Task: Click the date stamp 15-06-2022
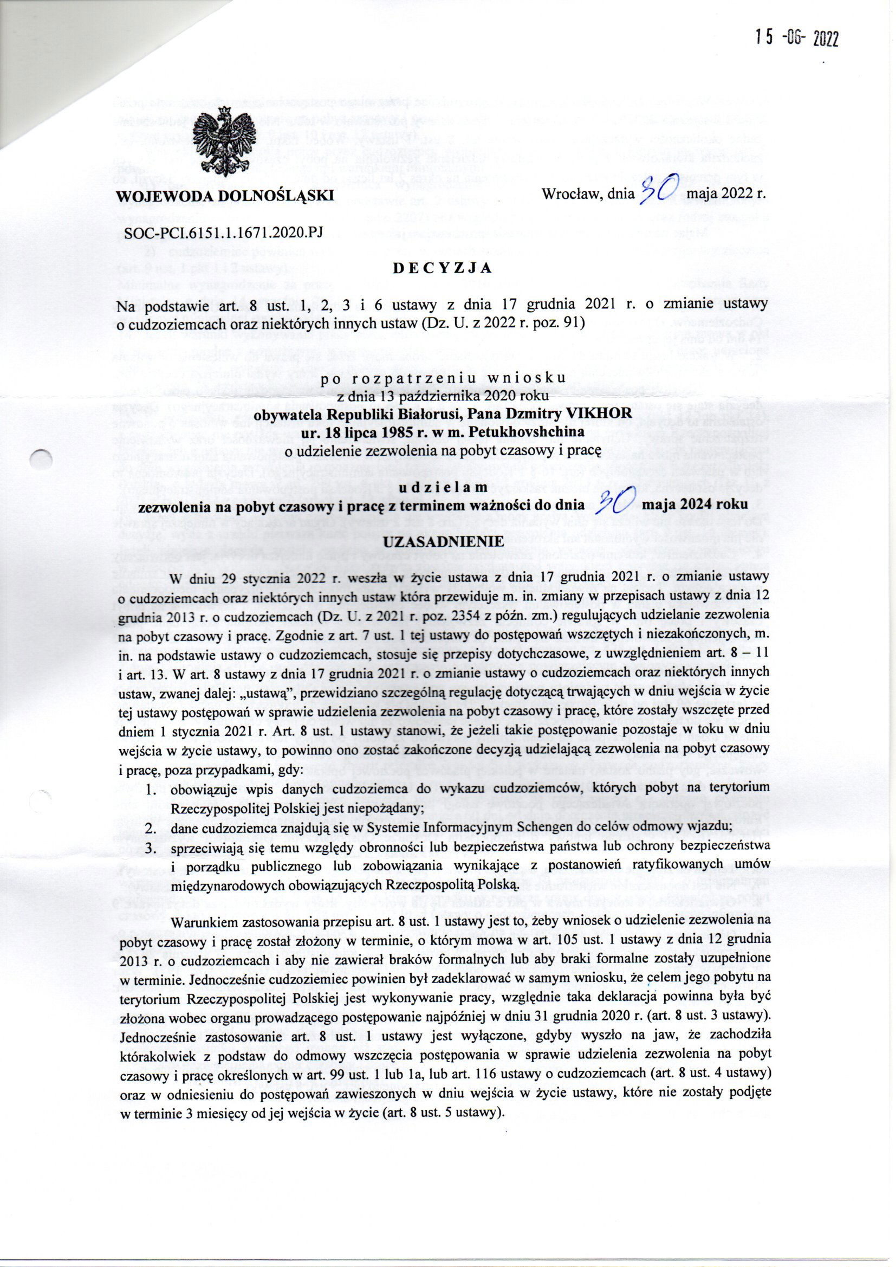pyautogui.click(x=797, y=38)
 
